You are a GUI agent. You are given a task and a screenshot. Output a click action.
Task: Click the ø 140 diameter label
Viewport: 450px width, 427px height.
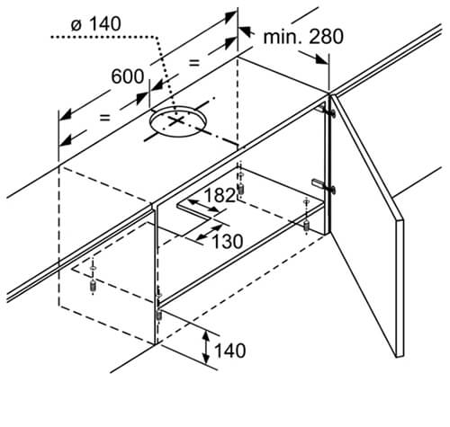click(x=96, y=24)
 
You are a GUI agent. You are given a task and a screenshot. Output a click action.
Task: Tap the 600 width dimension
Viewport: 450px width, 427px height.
click(x=128, y=76)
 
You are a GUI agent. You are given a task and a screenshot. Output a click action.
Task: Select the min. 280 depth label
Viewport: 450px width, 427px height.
click(x=303, y=37)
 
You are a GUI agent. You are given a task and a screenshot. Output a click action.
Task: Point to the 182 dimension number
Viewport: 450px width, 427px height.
click(x=220, y=195)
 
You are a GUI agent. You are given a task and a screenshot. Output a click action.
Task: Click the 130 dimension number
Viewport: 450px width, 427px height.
click(x=228, y=242)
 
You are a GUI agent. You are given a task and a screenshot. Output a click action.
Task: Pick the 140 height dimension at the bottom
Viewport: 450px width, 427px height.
click(x=230, y=351)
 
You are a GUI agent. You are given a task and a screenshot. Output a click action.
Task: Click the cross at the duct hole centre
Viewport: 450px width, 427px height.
click(x=176, y=120)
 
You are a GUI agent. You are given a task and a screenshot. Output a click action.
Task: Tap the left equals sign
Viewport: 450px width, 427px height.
click(x=104, y=118)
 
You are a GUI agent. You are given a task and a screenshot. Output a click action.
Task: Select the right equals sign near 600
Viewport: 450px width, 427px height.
click(x=194, y=63)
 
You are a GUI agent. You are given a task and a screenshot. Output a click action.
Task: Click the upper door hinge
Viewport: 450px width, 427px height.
click(x=326, y=111)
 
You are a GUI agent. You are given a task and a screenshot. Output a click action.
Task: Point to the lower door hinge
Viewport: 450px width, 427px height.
click(x=324, y=185)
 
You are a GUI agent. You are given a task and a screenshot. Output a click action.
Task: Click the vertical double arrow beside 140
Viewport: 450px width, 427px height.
click(x=206, y=347)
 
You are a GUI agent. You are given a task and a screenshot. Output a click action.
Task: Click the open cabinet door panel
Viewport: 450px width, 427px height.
click(x=367, y=225)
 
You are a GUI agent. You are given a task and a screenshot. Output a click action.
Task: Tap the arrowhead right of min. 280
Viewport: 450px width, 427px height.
click(x=321, y=58)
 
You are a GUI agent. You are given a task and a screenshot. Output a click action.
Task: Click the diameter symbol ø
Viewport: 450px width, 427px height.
click(x=76, y=25)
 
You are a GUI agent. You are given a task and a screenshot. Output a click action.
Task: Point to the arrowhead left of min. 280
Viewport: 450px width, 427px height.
click(x=245, y=31)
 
